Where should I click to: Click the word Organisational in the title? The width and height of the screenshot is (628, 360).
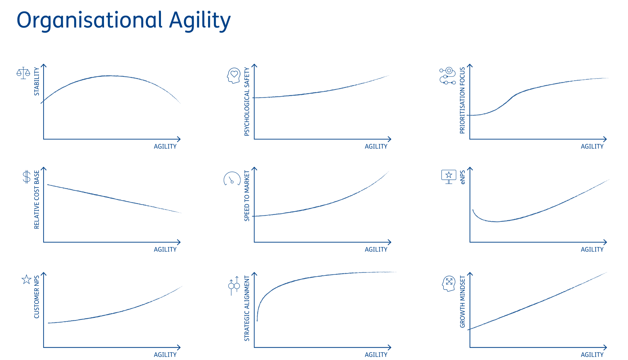tap(90, 20)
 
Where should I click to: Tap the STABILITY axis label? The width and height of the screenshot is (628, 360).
tap(37, 81)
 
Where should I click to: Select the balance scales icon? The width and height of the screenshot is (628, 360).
tap(23, 73)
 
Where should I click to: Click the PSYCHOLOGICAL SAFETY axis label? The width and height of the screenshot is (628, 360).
tap(247, 101)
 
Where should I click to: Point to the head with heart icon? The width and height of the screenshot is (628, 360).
tap(234, 76)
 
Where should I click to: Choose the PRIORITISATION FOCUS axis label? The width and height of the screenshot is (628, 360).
tap(462, 100)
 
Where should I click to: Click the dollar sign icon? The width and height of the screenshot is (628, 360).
tap(26, 177)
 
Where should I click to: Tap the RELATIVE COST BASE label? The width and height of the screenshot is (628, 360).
tap(37, 200)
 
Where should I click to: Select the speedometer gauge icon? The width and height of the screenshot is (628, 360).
tap(232, 179)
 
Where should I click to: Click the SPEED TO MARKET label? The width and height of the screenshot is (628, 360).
tap(247, 196)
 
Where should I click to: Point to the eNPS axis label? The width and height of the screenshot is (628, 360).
tap(462, 177)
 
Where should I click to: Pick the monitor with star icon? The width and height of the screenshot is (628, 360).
tap(449, 177)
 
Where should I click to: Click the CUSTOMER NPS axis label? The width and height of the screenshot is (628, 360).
tap(37, 297)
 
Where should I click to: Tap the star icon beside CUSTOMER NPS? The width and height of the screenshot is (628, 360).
tap(26, 279)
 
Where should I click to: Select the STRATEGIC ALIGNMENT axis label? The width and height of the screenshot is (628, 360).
tap(247, 308)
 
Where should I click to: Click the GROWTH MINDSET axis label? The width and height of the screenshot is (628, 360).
tap(462, 301)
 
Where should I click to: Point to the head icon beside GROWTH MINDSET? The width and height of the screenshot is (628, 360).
tap(448, 283)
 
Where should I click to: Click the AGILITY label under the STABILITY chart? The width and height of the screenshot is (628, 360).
tap(165, 147)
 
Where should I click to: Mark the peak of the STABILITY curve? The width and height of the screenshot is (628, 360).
tap(110, 76)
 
